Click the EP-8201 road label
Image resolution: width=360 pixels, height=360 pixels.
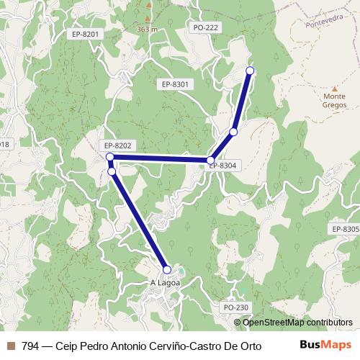click(85, 33)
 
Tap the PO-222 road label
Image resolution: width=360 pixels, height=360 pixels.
click(206, 27)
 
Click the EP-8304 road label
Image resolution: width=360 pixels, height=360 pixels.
click(223, 166)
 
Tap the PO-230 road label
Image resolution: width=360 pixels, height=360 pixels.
click(235, 307)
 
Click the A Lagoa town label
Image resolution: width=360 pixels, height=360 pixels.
click(163, 283)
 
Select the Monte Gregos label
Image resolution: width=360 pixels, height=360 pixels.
click(335, 100)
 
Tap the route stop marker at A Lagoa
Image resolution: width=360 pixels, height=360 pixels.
click(167, 269)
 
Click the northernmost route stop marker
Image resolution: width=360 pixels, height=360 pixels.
click(251, 70)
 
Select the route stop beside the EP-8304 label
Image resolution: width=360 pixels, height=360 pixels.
click(211, 160)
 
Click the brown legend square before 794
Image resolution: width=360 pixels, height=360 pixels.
click(11, 345)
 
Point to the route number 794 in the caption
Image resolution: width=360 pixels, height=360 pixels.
click(31, 345)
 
